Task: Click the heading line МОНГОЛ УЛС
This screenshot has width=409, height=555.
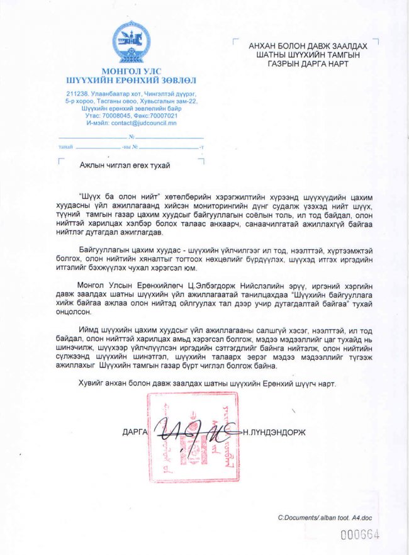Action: tap(131, 70)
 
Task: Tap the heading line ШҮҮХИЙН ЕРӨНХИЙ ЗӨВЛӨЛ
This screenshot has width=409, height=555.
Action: tap(131, 80)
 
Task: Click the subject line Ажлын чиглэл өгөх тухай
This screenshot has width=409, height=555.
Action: tap(125, 164)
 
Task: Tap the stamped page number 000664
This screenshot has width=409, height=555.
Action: tap(360, 535)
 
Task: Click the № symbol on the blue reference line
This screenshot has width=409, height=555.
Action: tap(132, 137)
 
